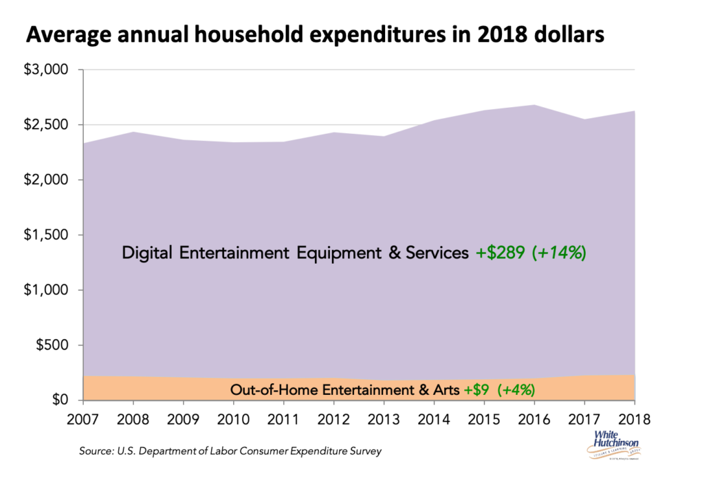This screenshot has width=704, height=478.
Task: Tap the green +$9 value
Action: (x=477, y=389)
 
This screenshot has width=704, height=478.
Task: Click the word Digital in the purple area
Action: (x=148, y=253)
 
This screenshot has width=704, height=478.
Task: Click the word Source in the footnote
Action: (x=94, y=451)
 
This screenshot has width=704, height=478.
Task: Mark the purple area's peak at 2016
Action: (x=534, y=105)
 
